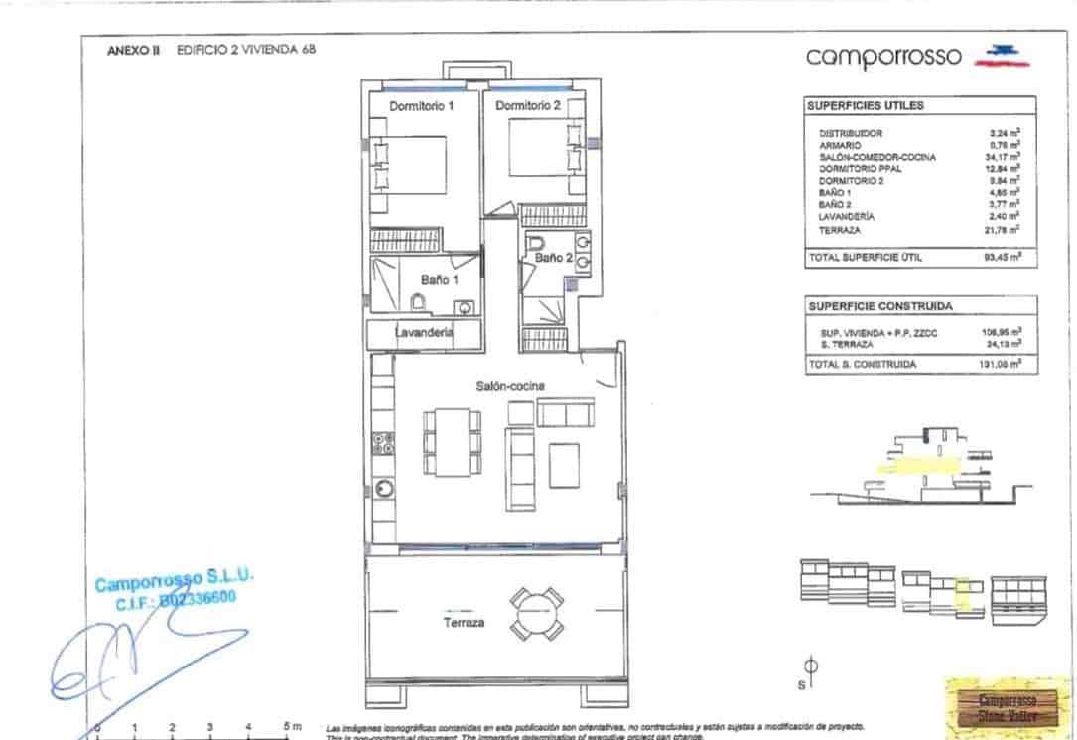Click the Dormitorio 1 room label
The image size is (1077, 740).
pos(422,106)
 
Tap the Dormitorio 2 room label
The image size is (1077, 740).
pos(528,106)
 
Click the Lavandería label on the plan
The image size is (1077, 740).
pos(425,333)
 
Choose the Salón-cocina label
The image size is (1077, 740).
pos(511,385)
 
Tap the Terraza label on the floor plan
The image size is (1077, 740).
pos(464,622)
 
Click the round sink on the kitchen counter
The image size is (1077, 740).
pos(383,488)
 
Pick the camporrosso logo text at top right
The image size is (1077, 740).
pos(883,57)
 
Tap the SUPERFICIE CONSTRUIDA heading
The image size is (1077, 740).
pos(879,306)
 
